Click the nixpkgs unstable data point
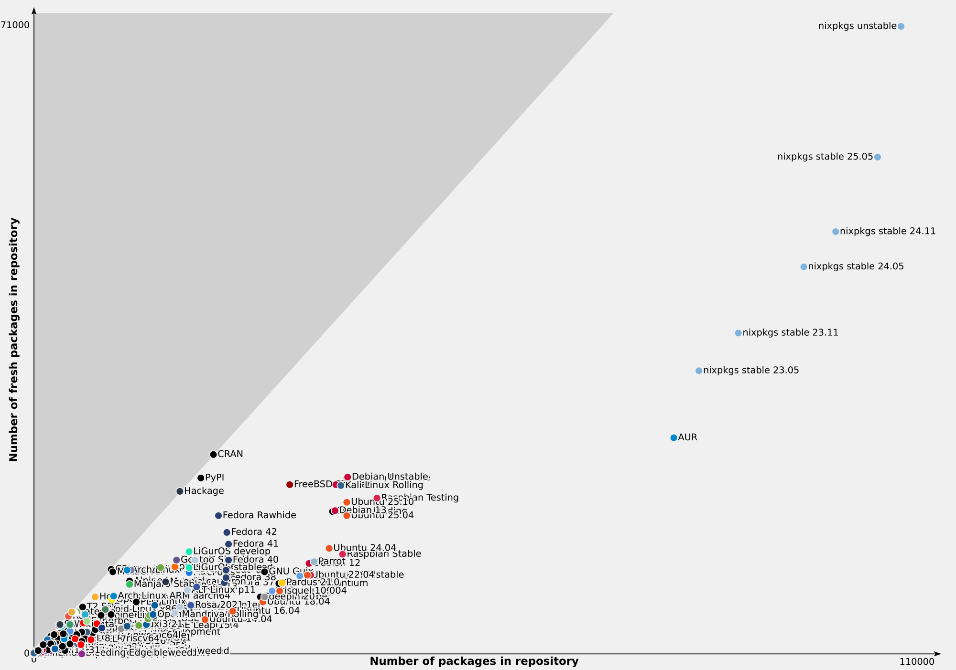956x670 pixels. coord(901,26)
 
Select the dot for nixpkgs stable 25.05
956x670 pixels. coord(878,157)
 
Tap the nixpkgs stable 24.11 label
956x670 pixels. coord(888,232)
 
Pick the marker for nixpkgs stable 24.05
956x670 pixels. coord(804,267)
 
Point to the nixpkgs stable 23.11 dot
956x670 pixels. coord(739,333)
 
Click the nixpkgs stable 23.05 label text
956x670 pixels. coord(751,371)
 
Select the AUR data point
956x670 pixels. coord(674,437)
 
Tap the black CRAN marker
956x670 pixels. coord(213,455)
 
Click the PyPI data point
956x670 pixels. coord(201,478)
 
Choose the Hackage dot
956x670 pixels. coord(180,491)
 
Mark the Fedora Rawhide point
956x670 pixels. coord(218,516)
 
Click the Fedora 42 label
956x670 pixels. coord(254,532)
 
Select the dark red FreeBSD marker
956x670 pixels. coord(290,485)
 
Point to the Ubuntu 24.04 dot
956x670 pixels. coord(329,548)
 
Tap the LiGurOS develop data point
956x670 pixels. coord(189,552)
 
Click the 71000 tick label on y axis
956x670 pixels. coord(16,25)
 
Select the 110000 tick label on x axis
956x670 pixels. coord(916,662)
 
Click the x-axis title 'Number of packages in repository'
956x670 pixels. coord(474,661)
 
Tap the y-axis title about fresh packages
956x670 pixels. coord(14,340)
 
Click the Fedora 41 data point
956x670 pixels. coord(228,544)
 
